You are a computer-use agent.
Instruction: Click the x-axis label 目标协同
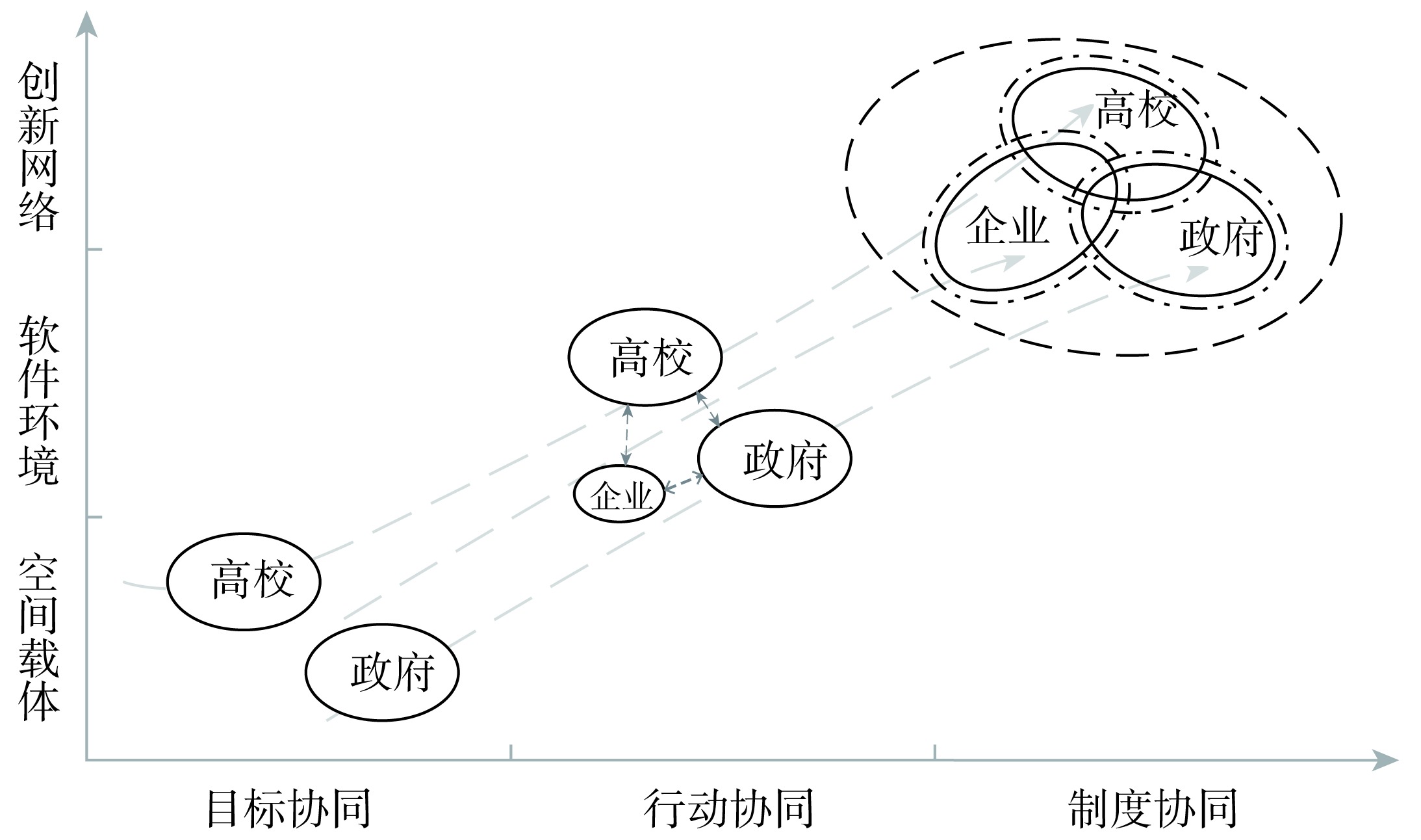[x=288, y=808]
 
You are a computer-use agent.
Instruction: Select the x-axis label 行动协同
[x=728, y=808]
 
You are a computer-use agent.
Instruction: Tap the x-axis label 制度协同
[x=1153, y=808]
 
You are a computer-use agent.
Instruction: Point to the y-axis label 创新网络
[x=39, y=146]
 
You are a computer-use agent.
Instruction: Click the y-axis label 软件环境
[x=39, y=400]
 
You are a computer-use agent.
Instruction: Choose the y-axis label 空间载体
[x=39, y=637]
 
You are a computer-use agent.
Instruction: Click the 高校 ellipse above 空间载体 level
[x=244, y=581]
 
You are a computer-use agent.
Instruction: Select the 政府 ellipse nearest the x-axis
[x=382, y=672]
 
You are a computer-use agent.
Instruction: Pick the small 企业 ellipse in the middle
[x=619, y=495]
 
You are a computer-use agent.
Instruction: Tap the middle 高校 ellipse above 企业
[x=645, y=357]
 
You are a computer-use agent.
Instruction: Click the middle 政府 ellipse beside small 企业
[x=775, y=458]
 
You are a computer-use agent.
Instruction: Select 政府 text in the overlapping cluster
[x=1221, y=237]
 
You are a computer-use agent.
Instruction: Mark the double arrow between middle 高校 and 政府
[x=708, y=408]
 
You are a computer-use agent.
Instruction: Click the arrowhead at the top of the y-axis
[x=86, y=23]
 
